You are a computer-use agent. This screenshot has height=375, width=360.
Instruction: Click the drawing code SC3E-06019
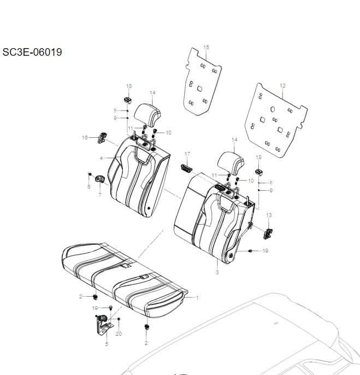point(32,52)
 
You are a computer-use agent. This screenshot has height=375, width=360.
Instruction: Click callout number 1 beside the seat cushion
point(197,298)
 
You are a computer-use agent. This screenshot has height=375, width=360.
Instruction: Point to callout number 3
point(217,272)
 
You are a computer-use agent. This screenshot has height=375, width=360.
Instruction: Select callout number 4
point(101,159)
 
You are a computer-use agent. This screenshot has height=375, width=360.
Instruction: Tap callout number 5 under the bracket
point(107,344)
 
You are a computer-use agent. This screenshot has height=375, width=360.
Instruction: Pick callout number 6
point(89,187)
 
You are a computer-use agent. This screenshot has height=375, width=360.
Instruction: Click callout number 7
point(100,195)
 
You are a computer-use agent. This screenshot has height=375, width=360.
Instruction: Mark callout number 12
point(282,86)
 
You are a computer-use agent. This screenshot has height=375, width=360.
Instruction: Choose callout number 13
point(268,215)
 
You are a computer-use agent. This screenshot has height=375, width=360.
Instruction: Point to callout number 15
point(206,48)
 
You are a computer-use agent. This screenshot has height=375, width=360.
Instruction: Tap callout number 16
point(85,137)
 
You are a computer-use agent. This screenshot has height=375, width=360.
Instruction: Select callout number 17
point(187,154)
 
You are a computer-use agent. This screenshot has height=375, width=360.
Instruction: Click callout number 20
point(119,333)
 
